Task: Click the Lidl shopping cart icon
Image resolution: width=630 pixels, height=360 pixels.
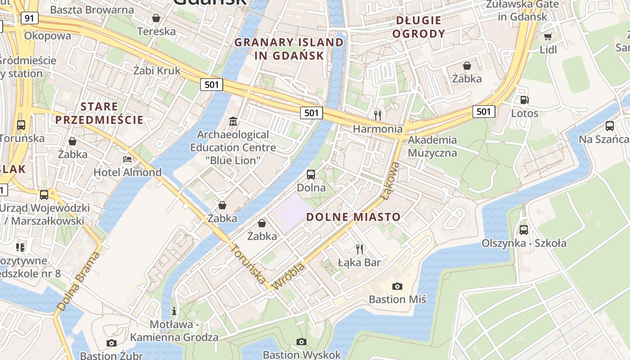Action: pos(548,36)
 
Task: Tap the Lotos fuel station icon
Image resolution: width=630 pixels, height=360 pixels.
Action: pos(524,100)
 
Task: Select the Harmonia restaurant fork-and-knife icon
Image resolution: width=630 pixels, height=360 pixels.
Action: pos(378,115)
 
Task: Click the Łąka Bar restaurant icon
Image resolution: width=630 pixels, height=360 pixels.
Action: pos(359,249)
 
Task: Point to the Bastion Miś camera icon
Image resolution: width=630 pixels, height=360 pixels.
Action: pos(397,286)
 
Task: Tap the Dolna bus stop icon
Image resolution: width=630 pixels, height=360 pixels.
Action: pos(311,174)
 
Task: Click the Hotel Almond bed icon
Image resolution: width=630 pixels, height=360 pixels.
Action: pos(127,159)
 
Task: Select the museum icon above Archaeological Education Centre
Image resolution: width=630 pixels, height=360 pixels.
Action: pos(233,121)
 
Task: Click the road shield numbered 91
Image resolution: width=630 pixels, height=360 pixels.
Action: pos(29,18)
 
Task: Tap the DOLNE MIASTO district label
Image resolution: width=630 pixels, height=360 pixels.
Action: pos(353,217)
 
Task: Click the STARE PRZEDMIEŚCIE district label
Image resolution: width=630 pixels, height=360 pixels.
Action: pos(99,113)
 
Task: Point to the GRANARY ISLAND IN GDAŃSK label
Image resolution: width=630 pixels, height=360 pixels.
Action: pos(289,49)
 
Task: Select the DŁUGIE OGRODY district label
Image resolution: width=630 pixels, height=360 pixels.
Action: pos(418,27)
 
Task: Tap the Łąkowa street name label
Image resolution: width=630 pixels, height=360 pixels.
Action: pos(390,181)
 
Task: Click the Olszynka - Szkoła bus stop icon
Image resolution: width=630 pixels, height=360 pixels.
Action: pos(524,229)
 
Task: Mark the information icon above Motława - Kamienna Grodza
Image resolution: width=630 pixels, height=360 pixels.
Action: pos(174,311)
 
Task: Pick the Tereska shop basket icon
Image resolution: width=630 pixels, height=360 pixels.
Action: pos(156,18)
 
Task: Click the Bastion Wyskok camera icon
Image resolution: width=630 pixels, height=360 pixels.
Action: pos(301,342)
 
